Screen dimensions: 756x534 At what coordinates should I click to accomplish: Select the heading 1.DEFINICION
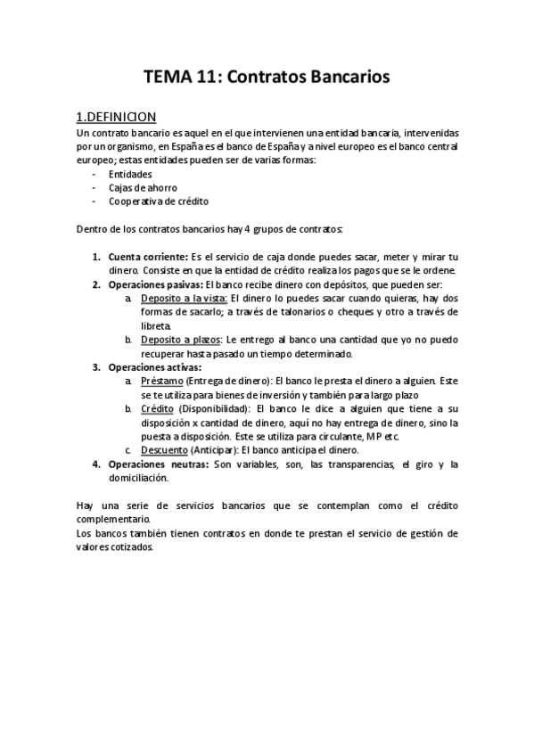117,117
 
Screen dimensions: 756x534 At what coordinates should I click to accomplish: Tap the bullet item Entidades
130,176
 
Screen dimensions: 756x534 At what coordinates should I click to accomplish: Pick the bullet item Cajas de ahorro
143,188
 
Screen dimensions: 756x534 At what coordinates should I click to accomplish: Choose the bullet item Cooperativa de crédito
159,201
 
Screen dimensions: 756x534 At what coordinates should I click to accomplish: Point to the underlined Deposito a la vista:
185,299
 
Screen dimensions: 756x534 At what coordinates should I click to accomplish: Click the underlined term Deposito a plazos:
182,340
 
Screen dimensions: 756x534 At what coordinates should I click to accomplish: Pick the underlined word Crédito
157,408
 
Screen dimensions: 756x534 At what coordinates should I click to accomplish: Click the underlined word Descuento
164,450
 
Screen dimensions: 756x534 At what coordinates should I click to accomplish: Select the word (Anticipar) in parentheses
216,450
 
